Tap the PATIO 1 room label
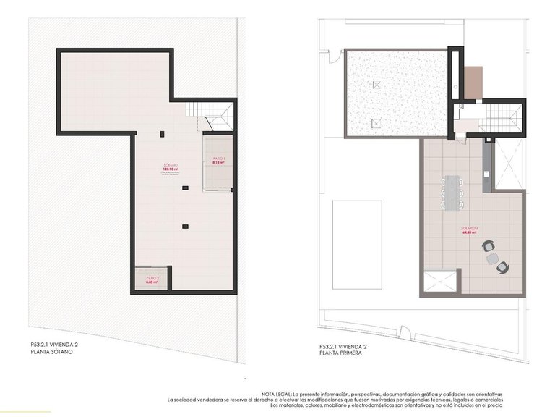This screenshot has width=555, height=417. (x=219, y=161)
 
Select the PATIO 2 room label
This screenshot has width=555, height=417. (x=152, y=279)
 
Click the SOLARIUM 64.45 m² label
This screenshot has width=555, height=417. (x=470, y=232)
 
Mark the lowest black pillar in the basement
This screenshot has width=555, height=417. (x=186, y=227)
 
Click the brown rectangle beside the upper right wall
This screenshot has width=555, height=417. (x=473, y=83)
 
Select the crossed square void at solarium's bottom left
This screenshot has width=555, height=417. (x=439, y=282)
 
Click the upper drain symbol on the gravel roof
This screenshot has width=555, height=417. (x=375, y=85)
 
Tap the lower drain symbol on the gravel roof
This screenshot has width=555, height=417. (x=374, y=124)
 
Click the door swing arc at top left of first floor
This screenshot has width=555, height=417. (x=333, y=55)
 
